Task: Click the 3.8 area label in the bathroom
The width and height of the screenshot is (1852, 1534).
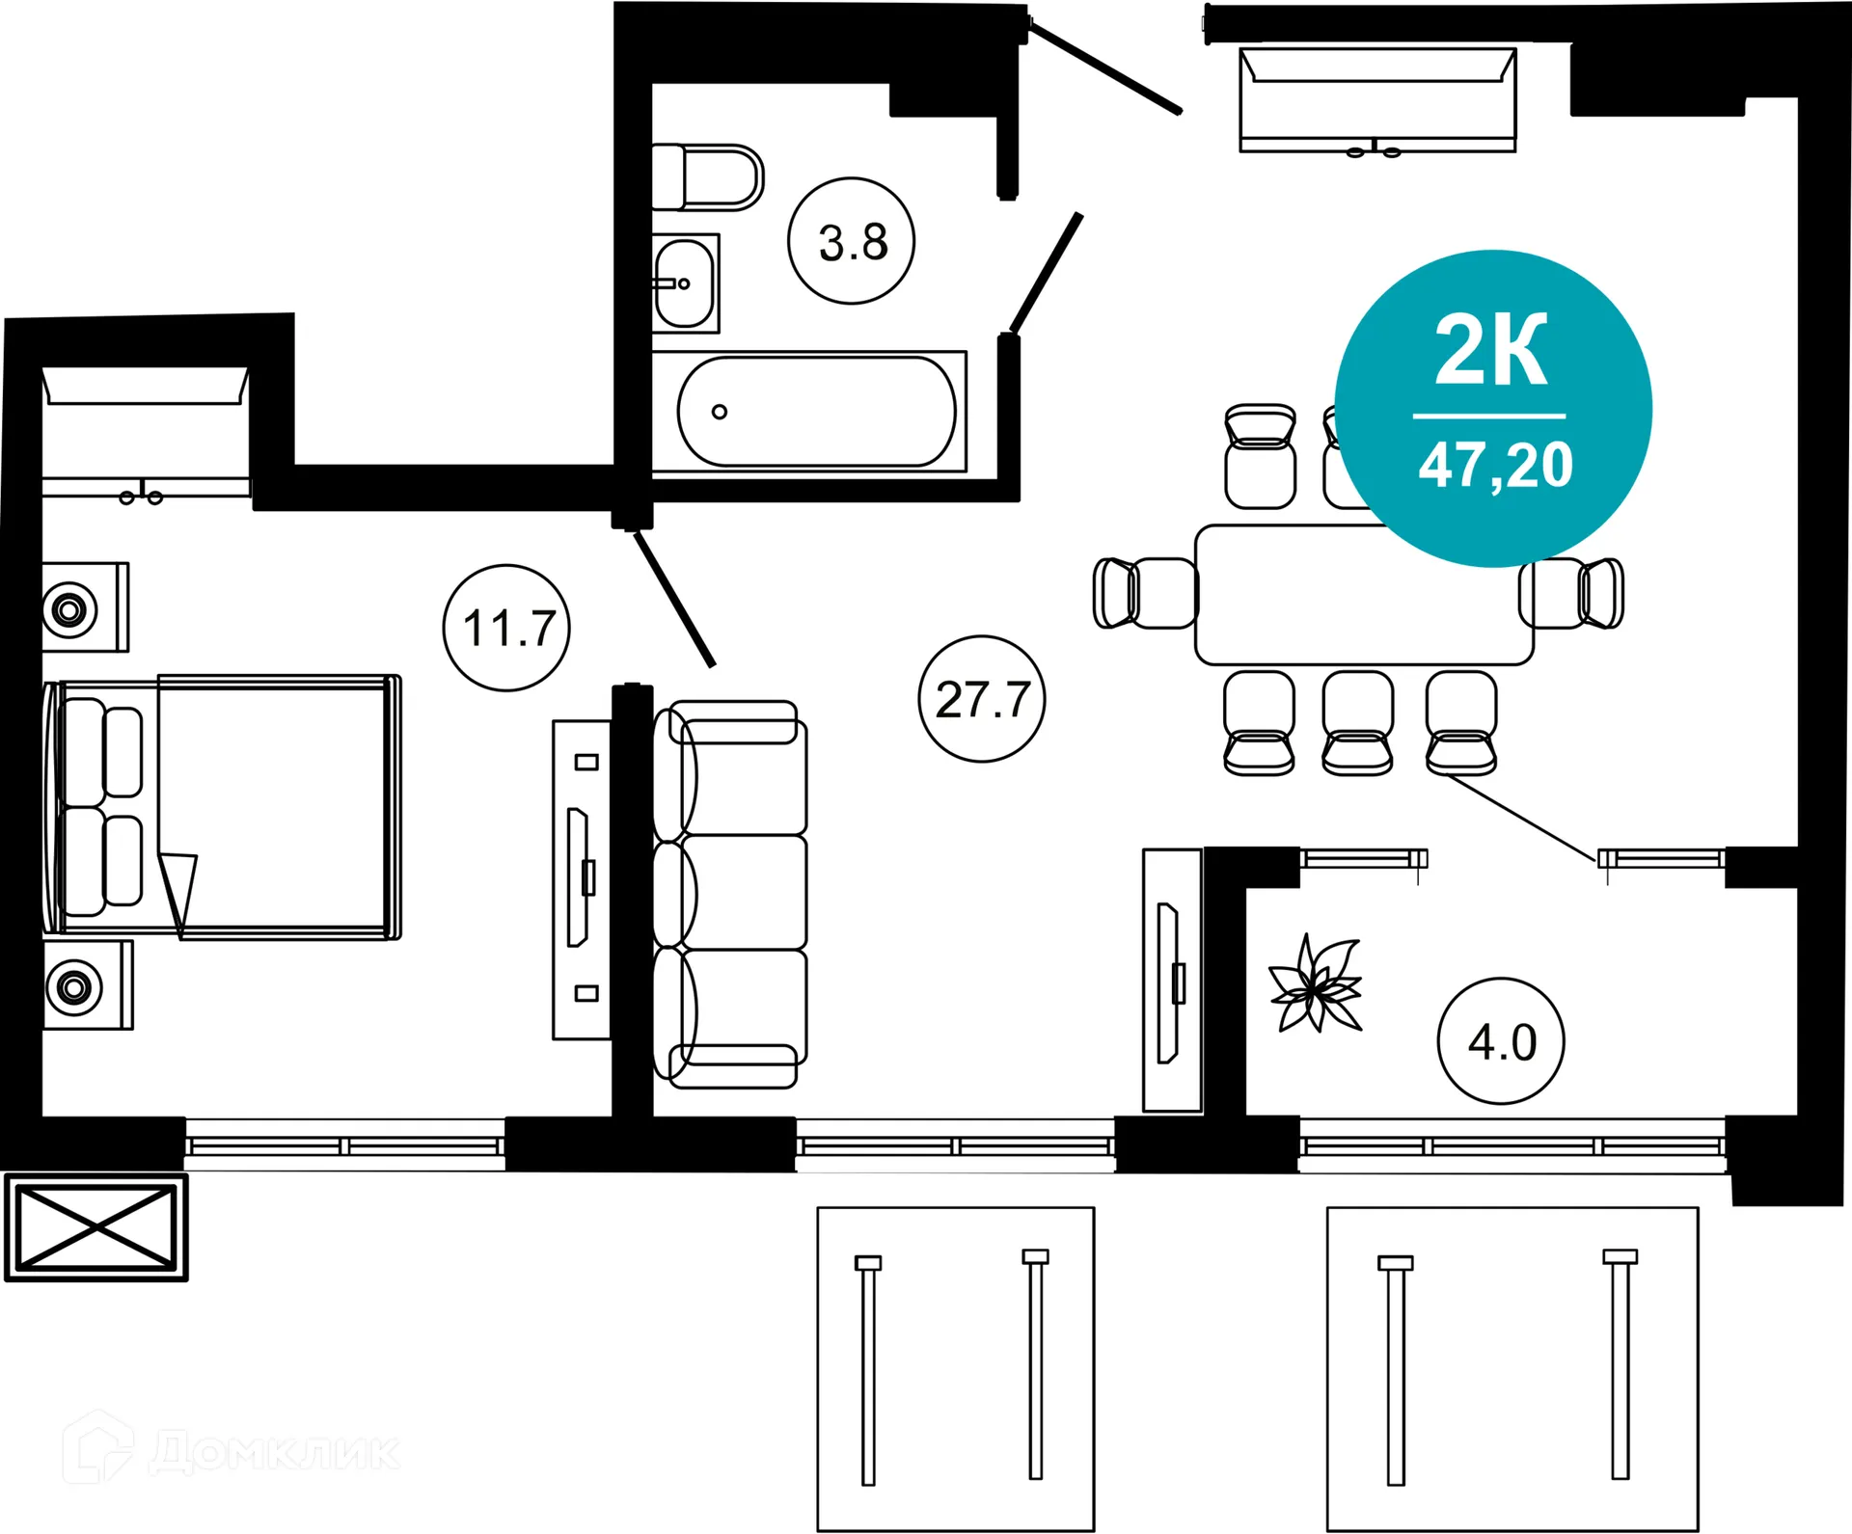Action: tap(852, 242)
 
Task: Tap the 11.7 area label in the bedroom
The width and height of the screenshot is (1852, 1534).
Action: tap(507, 629)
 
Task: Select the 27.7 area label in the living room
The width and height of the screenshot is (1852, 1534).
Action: tap(982, 700)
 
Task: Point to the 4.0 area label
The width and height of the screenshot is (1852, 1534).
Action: tap(1501, 1042)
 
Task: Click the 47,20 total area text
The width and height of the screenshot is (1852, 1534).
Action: tap(1494, 466)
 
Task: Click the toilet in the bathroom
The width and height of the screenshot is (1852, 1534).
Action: tap(709, 177)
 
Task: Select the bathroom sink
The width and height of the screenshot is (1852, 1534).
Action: tap(685, 283)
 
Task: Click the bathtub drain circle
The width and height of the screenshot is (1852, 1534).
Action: tap(720, 412)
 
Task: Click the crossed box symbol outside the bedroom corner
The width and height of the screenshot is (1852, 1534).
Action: tap(96, 1227)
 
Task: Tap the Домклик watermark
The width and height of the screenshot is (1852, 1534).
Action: tap(231, 1449)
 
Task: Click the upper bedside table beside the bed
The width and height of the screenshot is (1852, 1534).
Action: tap(83, 608)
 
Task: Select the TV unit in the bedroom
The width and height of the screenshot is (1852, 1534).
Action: tap(582, 879)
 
